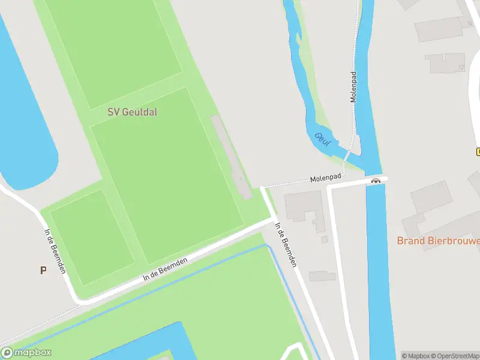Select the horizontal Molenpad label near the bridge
(326, 178)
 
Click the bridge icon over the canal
(376, 180)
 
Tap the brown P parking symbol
(43, 270)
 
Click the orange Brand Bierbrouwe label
(438, 241)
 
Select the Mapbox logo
(26, 353)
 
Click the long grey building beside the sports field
(232, 157)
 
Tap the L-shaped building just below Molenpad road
(304, 207)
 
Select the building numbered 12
(444, 62)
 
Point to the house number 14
(470, 24)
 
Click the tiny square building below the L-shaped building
(325, 239)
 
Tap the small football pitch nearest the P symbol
(92, 237)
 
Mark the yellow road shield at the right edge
(478, 151)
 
